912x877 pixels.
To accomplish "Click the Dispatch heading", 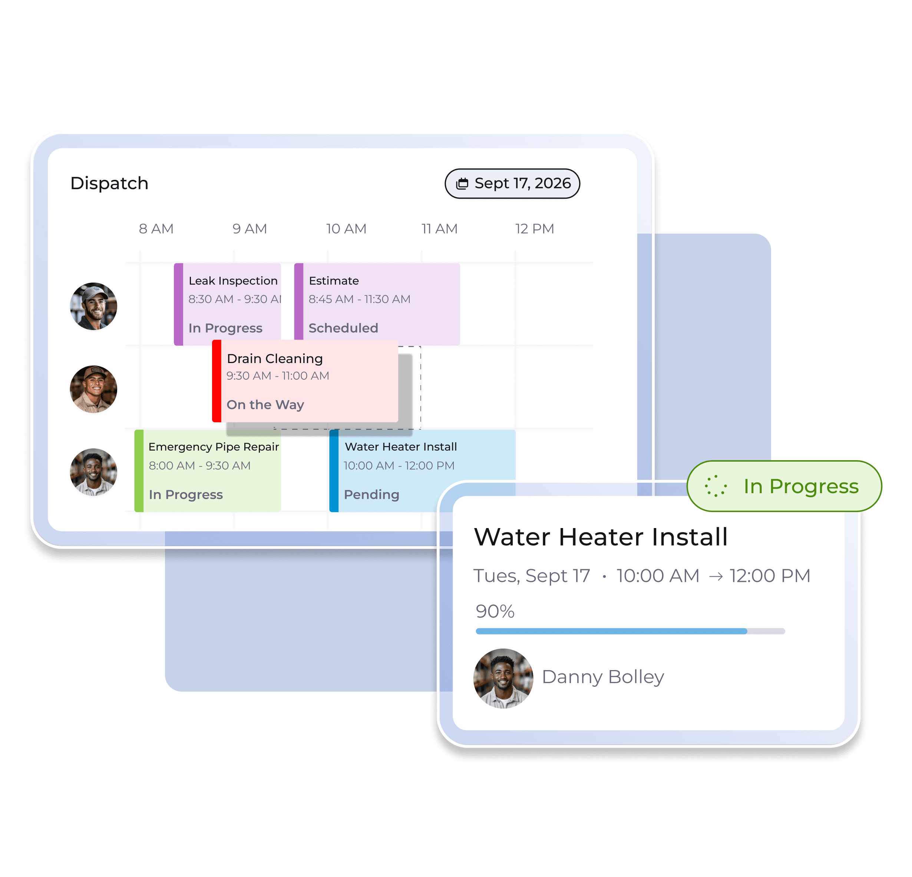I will tap(109, 184).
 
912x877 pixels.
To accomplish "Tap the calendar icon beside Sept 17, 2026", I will tap(462, 184).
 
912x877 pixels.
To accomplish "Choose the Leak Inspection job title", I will tap(233, 281).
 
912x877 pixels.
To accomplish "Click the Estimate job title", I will tap(334, 281).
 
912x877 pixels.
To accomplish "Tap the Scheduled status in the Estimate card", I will tap(343, 328).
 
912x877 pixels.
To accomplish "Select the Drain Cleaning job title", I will tap(275, 359).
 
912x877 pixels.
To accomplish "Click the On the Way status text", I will tap(265, 405).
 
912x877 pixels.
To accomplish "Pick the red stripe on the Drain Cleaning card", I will tap(217, 381).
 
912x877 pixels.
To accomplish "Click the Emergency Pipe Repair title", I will tap(214, 447).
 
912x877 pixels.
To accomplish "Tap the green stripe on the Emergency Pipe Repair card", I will tap(139, 471).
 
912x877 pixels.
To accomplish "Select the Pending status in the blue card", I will tap(371, 494).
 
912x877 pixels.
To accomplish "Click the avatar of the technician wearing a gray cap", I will tap(93, 306).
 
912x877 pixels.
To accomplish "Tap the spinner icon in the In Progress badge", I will tap(715, 486).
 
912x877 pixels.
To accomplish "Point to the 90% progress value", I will tap(495, 611).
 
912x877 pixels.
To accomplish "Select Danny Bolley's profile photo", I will tap(503, 678).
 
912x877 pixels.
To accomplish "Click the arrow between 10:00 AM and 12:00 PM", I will tap(716, 576).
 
